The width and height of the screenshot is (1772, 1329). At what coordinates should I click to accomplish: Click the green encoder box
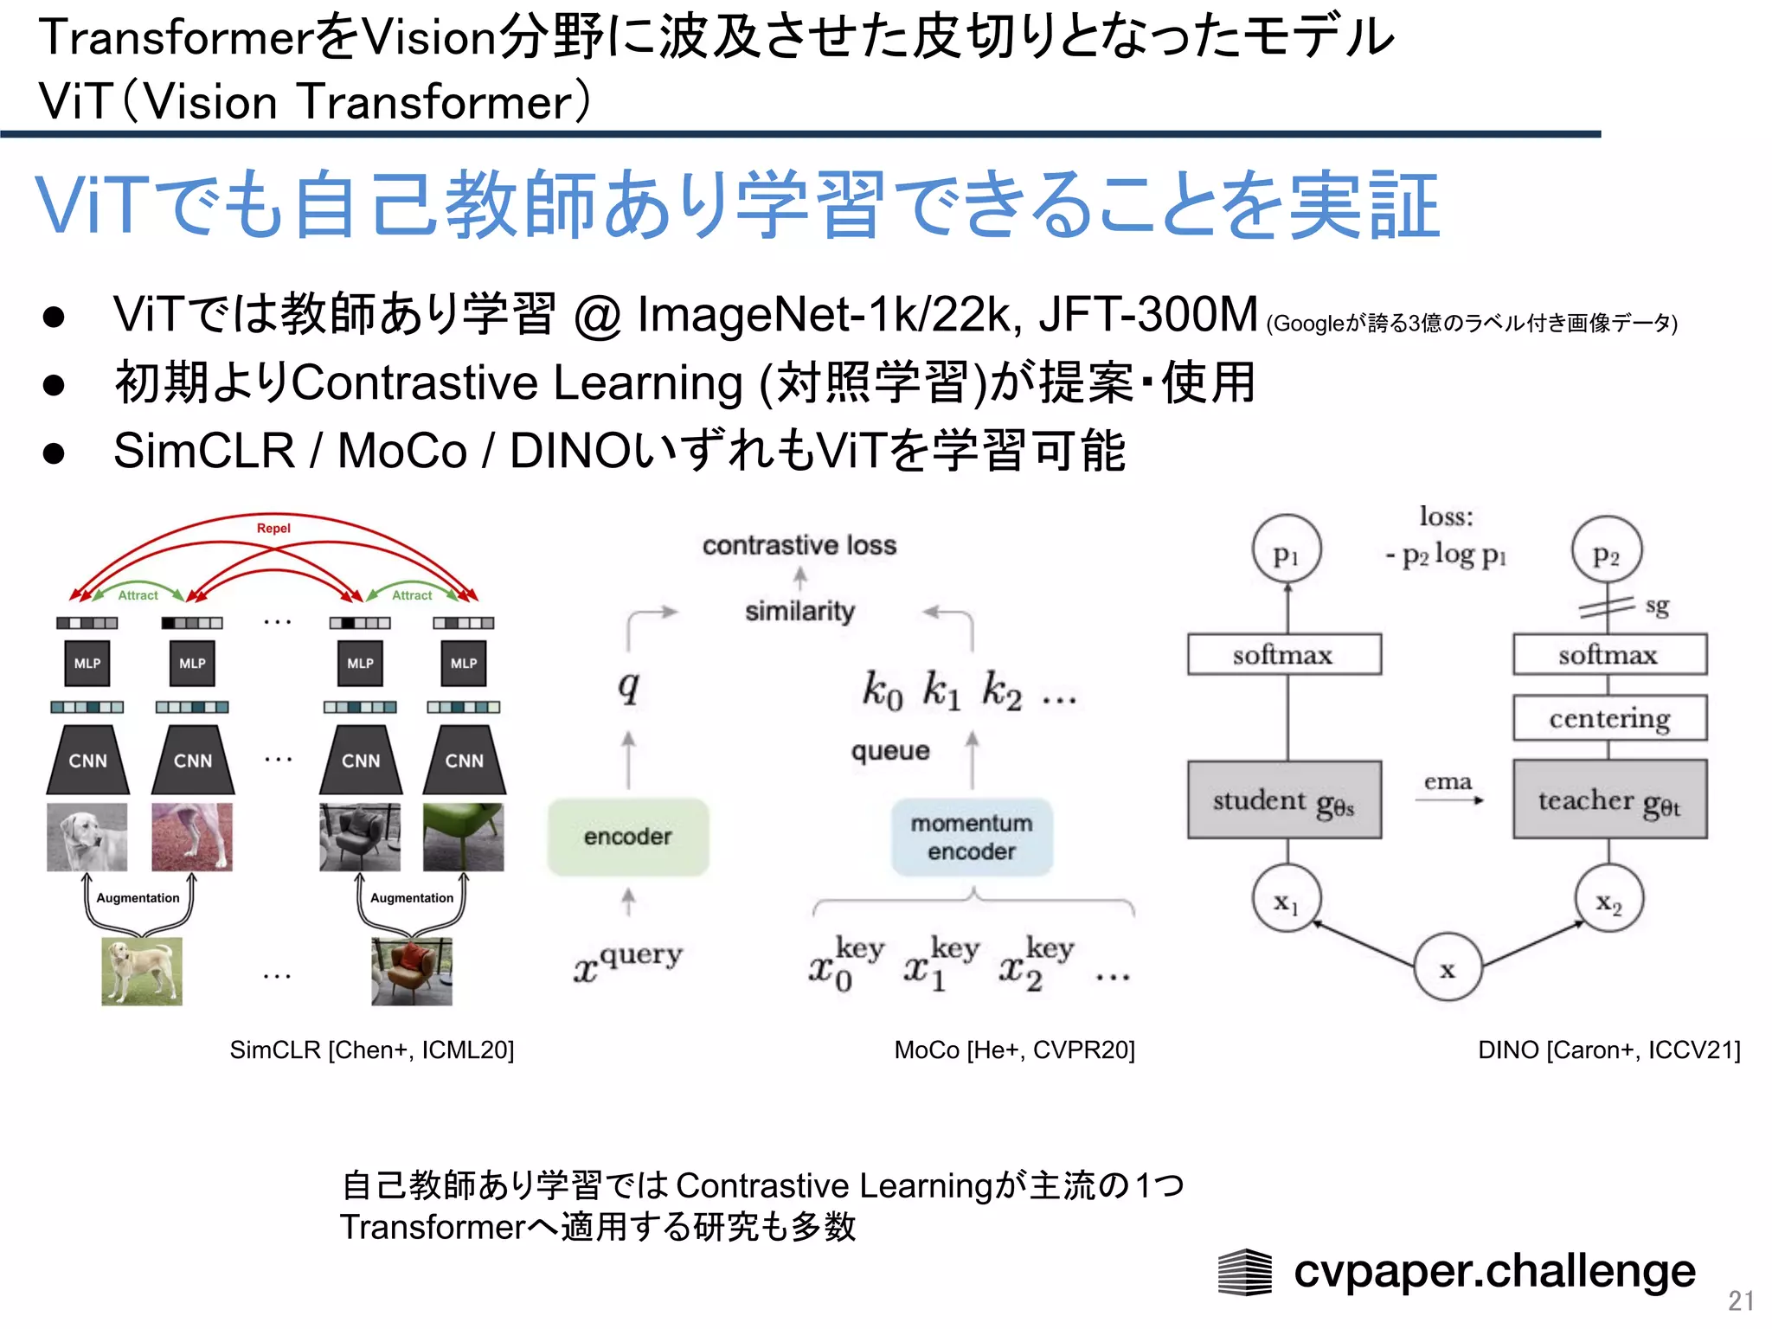click(628, 837)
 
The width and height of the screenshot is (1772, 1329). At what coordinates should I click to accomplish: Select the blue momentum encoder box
click(972, 837)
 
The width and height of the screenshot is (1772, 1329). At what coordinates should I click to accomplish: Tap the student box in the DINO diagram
click(1284, 800)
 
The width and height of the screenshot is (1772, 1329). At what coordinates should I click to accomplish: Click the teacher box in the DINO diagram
click(1609, 800)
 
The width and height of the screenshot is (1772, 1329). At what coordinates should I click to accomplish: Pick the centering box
click(1609, 718)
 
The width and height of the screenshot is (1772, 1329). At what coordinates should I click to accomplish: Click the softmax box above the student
click(1284, 655)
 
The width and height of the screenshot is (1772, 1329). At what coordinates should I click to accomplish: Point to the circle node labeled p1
click(1287, 550)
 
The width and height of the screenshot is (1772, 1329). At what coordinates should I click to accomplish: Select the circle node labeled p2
click(1607, 552)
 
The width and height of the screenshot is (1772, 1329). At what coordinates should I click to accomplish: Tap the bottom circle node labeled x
click(1448, 967)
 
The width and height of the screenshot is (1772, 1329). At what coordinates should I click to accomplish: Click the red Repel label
click(273, 528)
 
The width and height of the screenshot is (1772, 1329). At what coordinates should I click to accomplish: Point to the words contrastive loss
click(799, 545)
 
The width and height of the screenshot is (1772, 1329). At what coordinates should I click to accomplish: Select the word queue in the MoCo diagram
click(890, 750)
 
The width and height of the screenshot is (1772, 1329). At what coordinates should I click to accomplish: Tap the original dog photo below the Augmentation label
click(142, 971)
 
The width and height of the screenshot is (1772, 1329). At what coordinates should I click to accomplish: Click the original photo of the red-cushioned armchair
click(412, 971)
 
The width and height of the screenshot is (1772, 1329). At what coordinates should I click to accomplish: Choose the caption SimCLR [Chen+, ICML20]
click(372, 1050)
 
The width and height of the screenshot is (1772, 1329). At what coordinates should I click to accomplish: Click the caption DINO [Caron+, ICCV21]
click(1608, 1050)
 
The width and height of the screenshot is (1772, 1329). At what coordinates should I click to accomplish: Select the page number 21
click(1741, 1300)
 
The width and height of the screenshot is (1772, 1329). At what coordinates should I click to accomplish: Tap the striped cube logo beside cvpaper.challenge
click(1244, 1272)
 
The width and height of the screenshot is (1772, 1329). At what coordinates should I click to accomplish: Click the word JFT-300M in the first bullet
click(1148, 313)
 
